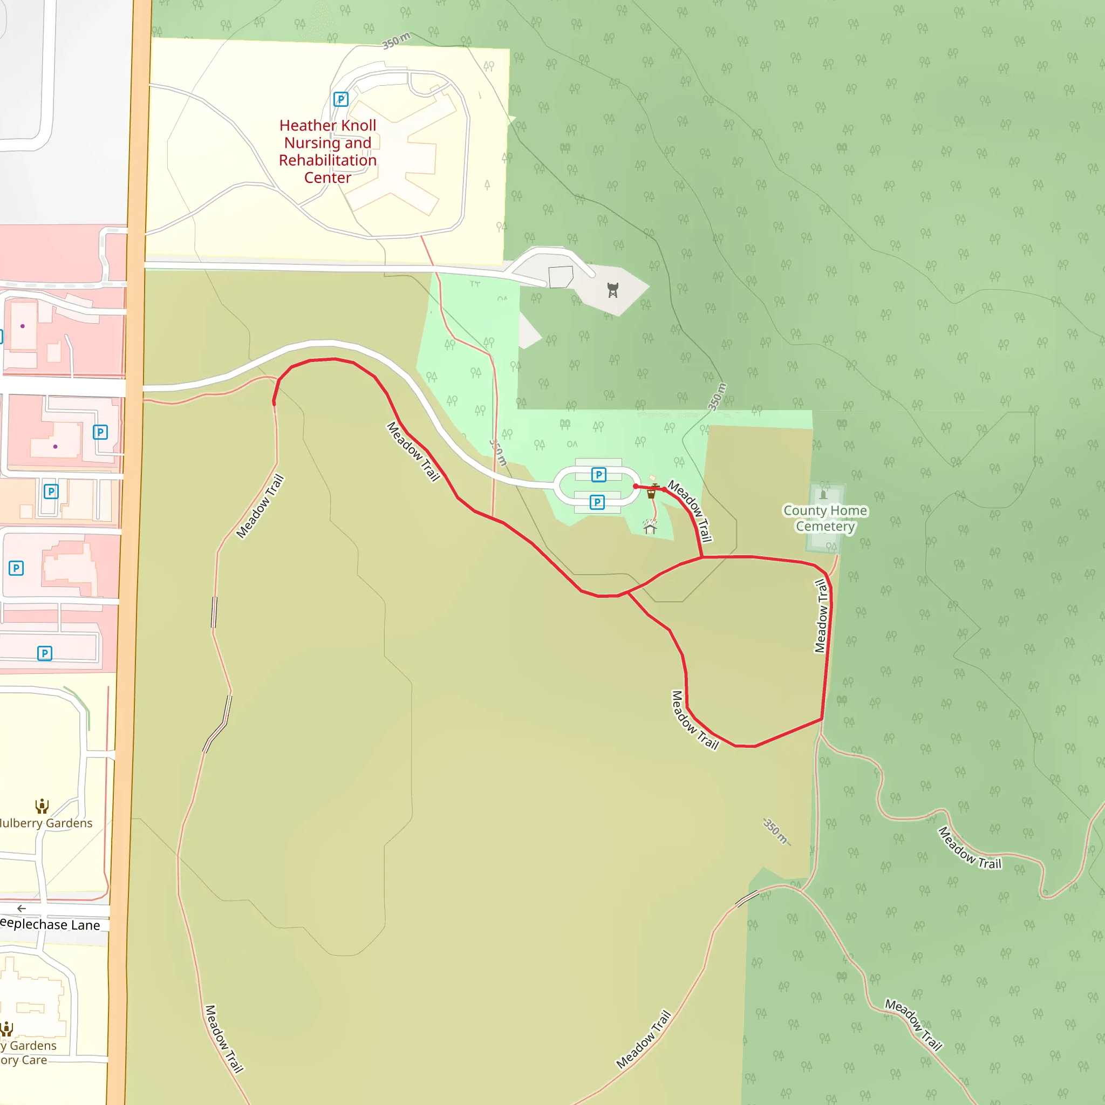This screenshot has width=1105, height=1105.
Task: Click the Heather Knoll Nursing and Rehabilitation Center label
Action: point(328,152)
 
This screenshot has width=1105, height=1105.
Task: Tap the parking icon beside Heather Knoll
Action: point(341,99)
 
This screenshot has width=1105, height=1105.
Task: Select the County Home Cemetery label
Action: point(825,518)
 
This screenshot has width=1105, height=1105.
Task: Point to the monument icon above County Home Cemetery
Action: point(823,494)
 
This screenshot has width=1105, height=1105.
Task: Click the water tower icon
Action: point(613,291)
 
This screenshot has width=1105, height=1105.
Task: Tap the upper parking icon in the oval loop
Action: point(598,475)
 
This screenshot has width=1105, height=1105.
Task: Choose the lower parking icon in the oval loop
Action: point(597,502)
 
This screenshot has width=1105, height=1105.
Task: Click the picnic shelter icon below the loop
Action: point(649,526)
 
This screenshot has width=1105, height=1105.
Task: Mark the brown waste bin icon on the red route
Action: point(651,492)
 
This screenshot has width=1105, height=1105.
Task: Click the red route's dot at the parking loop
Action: point(636,486)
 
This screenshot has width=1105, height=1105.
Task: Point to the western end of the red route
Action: point(274,404)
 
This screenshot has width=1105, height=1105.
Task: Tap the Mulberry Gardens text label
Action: point(46,823)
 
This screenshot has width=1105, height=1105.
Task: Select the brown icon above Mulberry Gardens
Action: point(42,807)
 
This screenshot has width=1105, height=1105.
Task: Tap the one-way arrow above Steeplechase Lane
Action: point(22,908)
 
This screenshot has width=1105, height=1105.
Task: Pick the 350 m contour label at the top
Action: point(396,41)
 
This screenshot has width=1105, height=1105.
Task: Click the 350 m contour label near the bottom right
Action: point(776,831)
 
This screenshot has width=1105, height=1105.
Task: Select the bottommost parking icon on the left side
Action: point(45,653)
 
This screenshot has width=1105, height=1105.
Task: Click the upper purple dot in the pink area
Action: point(22,326)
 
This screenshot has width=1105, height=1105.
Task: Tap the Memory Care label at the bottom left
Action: point(24,1060)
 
